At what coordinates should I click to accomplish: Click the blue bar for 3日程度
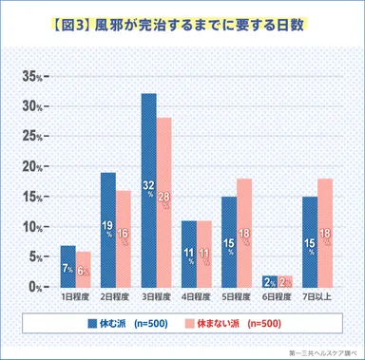[x=149, y=190]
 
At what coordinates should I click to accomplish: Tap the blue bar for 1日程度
[x=67, y=266]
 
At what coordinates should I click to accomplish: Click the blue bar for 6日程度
[x=270, y=280]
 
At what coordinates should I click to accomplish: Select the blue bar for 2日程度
[x=107, y=229]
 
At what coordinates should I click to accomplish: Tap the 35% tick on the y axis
[x=34, y=76]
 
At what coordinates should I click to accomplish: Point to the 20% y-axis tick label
[x=34, y=166]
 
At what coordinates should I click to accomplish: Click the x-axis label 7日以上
[x=317, y=298]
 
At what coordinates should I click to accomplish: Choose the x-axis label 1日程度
[x=76, y=298]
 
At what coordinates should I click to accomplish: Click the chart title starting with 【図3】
[x=182, y=22]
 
